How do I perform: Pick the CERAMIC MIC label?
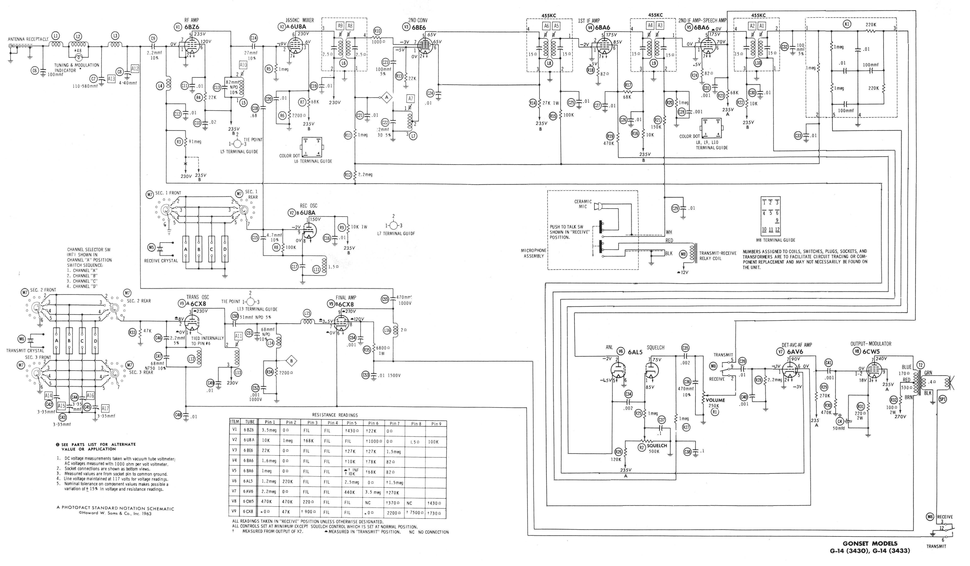(583, 204)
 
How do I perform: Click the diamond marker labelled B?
(291, 361)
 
